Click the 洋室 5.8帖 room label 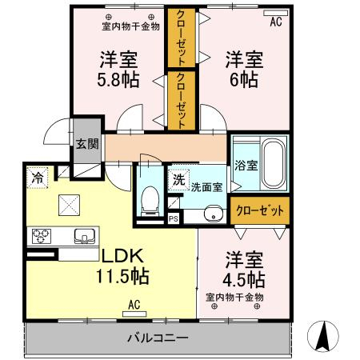tap(118, 70)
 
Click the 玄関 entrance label tap(87, 145)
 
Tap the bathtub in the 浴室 tap(274, 160)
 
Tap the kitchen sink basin tap(84, 236)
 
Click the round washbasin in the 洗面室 tap(213, 214)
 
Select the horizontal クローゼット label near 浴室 tap(260, 210)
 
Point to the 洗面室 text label tap(206, 187)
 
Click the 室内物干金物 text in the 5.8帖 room tap(130, 26)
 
